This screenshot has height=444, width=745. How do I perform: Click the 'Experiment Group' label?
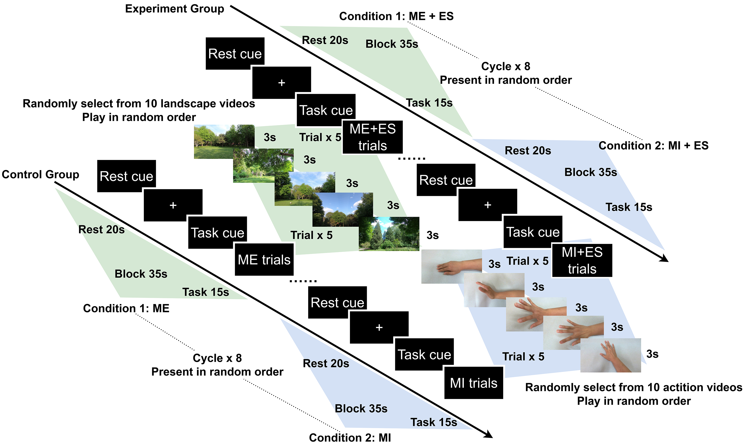pos(174,9)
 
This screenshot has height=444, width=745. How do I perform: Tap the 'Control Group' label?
pos(40,174)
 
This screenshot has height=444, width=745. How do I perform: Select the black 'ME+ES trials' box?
pos(372,137)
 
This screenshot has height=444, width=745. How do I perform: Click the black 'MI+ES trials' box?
pos(582,260)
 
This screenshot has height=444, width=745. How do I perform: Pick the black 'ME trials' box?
pos(264,259)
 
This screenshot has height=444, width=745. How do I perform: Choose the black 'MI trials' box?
pos(474,383)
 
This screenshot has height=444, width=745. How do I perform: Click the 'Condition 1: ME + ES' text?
pos(396,16)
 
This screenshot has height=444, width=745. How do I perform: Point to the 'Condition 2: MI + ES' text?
pos(653,146)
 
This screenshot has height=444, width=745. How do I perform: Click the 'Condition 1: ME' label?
pos(126,308)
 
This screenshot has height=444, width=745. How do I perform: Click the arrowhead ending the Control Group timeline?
pos(488,434)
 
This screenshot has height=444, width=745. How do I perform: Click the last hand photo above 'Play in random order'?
pos(610,355)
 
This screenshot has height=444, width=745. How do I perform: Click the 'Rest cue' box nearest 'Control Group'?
pos(126,176)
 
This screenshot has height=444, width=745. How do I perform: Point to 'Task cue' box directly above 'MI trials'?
pos(424,355)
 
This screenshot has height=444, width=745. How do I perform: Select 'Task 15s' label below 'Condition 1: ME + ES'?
pos(429,103)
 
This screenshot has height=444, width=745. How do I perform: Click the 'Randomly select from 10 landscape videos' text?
pos(139,104)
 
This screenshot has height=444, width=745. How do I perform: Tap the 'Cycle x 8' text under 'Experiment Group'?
pos(505,66)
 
